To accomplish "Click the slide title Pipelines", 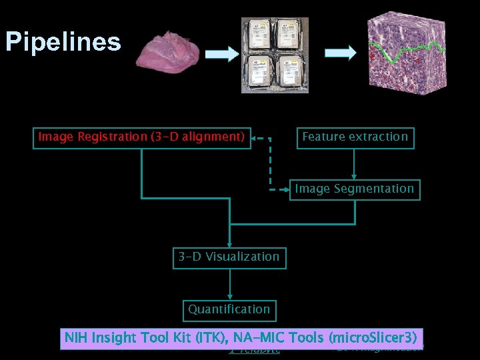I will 63,41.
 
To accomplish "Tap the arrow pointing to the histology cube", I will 340,55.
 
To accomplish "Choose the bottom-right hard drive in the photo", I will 293,74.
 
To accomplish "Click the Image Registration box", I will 142,137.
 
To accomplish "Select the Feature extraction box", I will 355,137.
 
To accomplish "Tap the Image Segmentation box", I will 355,189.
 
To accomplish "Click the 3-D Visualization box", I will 229,257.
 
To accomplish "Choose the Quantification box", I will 229,309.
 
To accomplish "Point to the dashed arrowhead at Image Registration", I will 257,139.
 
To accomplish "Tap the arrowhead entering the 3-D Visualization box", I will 230,244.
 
